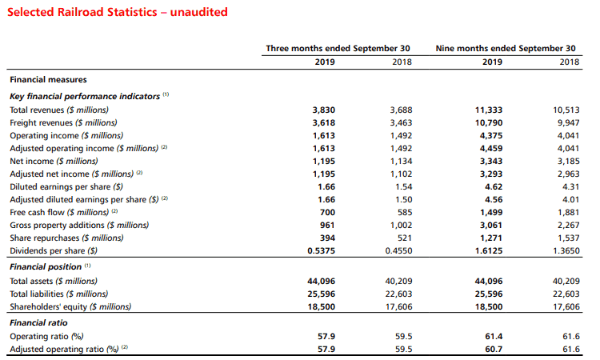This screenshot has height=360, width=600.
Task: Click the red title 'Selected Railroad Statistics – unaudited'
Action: pos(118,12)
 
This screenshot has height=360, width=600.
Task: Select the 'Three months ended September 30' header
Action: pos(338,49)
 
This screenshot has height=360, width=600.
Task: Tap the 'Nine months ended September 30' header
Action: pos(506,49)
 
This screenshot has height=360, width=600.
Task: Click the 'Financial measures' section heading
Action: pos(48,79)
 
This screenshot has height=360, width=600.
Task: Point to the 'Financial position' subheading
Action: pos(46,266)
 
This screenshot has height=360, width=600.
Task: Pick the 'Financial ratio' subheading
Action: pos(38,323)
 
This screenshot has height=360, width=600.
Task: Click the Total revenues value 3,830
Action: pos(324,110)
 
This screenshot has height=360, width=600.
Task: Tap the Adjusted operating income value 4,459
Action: pos(491,149)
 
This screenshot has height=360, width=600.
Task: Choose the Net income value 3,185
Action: pos(568,162)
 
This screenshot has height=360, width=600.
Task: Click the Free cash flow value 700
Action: pos(327,212)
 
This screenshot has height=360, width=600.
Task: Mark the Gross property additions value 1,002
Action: pos(401,226)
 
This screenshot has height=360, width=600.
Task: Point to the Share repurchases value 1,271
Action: pos(491,238)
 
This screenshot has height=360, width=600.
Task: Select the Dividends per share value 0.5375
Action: pos(321,251)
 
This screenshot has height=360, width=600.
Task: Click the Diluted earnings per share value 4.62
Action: pos(494,186)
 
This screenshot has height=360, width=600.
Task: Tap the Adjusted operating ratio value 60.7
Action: pos(494,350)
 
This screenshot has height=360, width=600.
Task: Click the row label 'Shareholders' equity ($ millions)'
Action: pos(70,307)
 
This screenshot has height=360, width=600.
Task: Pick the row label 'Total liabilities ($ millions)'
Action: pos(59,294)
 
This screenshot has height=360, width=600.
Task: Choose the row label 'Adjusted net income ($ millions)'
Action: pos(71,174)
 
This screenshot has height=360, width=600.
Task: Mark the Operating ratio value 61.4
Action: pos(494,336)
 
